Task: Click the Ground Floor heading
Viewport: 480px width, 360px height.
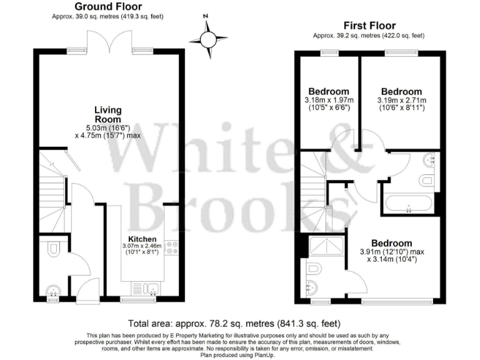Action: (109, 6)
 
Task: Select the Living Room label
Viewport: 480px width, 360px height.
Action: (107, 114)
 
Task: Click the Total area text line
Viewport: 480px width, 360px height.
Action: (234, 324)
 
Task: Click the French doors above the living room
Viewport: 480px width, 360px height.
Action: (110, 45)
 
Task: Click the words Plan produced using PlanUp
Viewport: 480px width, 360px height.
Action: (239, 354)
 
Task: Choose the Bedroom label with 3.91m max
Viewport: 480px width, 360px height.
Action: (391, 243)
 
